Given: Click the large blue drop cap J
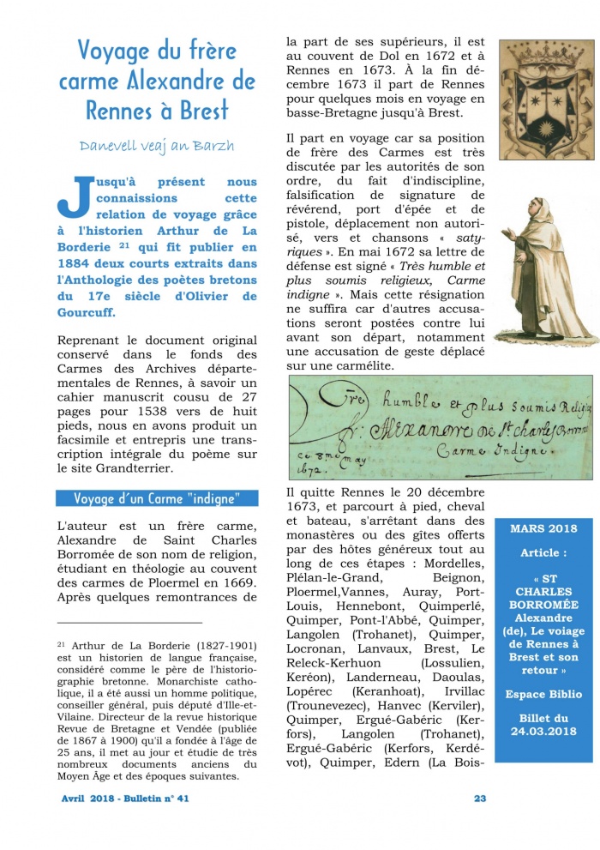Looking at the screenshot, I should (72, 196).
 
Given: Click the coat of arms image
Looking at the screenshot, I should (544, 87).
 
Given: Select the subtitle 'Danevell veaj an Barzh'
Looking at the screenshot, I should (157, 146).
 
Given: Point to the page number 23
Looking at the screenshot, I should (480, 799).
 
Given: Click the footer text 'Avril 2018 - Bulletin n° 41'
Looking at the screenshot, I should (125, 799).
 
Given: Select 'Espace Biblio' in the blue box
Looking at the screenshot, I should (543, 693).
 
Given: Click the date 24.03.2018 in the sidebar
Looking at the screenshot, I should (543, 731).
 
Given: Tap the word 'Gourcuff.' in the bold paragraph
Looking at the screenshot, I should (87, 312).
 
